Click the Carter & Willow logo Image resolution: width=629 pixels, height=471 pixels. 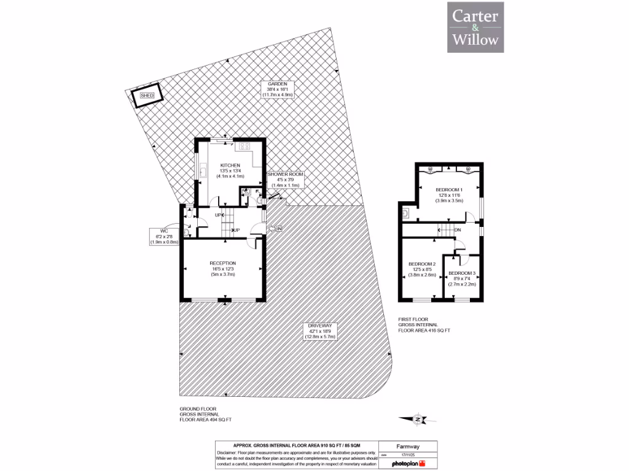475,27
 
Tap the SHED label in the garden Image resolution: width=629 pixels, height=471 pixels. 147,96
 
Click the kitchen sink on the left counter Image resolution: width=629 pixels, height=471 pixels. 201,171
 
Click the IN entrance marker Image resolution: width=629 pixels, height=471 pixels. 278,229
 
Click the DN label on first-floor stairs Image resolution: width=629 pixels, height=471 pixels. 457,231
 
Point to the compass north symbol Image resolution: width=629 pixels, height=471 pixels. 418,419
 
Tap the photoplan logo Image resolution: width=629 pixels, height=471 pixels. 408,464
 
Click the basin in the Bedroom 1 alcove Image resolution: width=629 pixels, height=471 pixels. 406,214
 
